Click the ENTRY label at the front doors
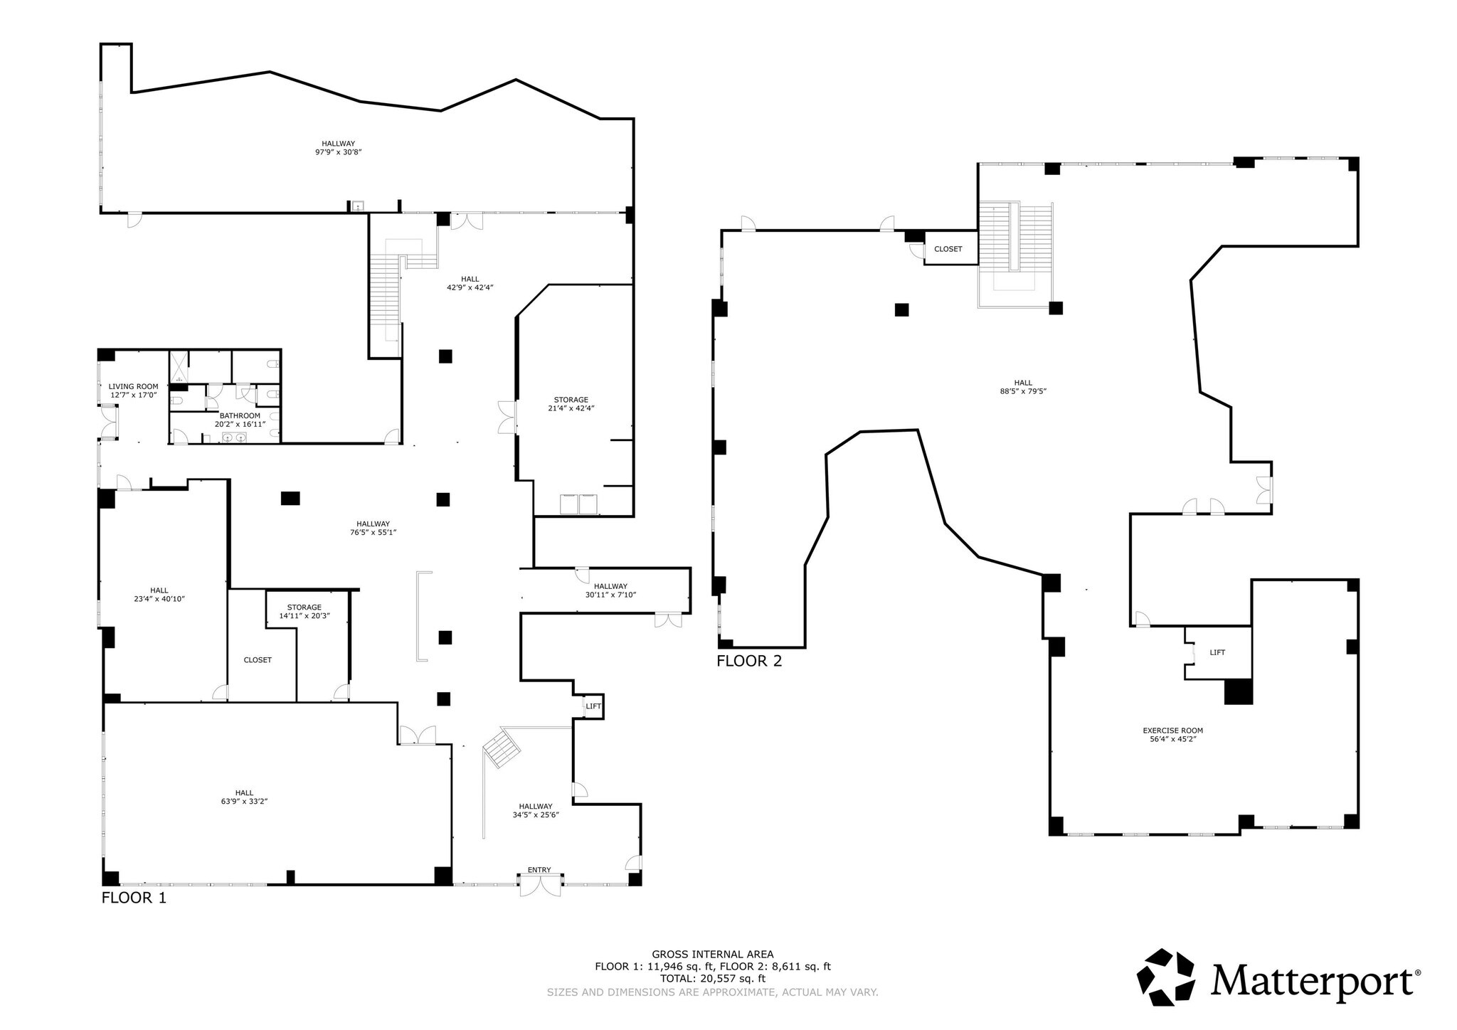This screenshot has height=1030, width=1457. coord(539,870)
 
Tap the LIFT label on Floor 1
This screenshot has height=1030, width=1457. coord(593,706)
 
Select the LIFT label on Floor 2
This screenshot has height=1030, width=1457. coord(1217,652)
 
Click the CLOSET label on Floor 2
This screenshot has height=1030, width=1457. coord(948,249)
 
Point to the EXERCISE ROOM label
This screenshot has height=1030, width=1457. coord(1172,731)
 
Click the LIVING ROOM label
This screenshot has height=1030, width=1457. coord(133,387)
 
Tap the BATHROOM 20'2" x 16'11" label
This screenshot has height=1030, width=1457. coord(240,420)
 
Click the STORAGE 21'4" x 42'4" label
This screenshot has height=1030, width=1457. coord(571,404)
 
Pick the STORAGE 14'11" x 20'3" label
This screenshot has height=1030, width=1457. coord(304,612)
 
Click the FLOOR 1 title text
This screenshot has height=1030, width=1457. coord(134,898)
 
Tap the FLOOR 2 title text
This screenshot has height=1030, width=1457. coord(748,661)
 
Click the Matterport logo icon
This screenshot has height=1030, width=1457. coord(1165,977)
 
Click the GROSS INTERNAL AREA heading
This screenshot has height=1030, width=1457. coord(712,955)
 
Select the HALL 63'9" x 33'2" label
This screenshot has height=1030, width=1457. coord(244,797)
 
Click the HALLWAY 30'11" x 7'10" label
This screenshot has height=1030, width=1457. coord(610,590)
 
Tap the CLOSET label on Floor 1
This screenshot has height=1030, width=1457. coord(258,660)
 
